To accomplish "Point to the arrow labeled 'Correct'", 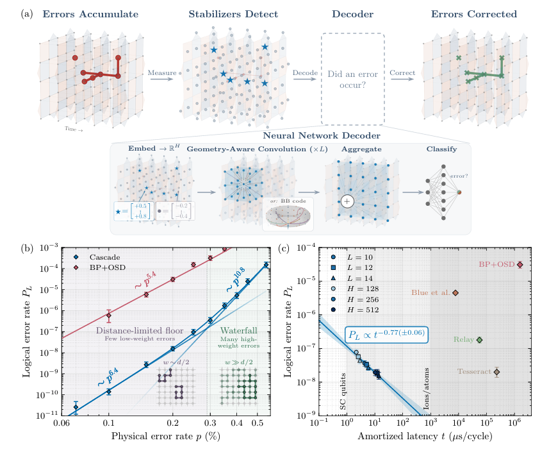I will [402, 80].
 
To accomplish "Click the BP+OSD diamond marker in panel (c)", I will [520, 264].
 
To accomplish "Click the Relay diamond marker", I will [479, 340].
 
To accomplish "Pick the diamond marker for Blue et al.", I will [455, 293].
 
